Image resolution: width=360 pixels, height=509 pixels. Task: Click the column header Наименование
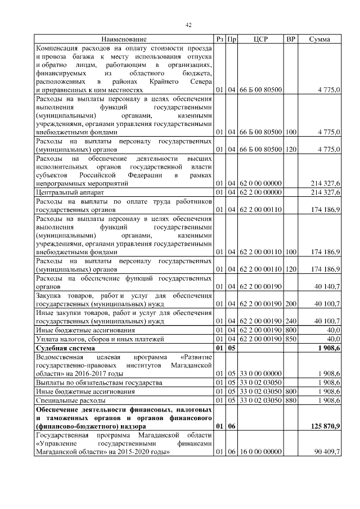pyautogui.click(x=124, y=39)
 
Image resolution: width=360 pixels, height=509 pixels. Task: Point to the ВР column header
pyautogui.click(x=291, y=39)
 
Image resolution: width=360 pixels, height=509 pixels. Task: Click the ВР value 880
pyautogui.click(x=291, y=400)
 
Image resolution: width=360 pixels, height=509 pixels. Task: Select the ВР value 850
pyautogui.click(x=291, y=339)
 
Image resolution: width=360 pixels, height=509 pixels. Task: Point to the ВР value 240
pyautogui.click(x=291, y=321)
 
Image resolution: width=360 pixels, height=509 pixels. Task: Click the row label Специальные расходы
pyautogui.click(x=70, y=400)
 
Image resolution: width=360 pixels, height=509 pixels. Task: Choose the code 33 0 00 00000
pyautogui.click(x=260, y=373)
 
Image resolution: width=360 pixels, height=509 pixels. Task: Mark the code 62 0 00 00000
pyautogui.click(x=260, y=183)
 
